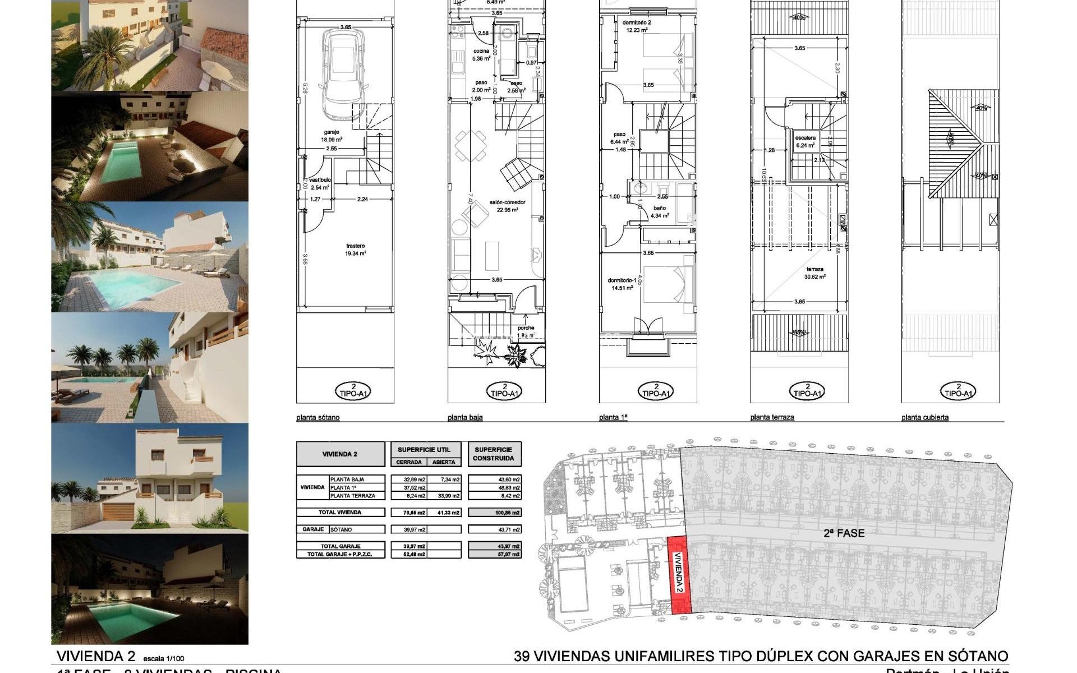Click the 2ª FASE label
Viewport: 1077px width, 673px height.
point(844,533)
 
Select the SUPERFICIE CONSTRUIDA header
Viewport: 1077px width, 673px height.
point(494,454)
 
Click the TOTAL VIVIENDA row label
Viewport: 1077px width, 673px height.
point(340,512)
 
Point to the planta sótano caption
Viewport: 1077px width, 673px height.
point(317,418)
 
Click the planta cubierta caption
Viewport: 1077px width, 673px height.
point(924,418)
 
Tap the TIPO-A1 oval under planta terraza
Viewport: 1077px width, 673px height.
point(807,391)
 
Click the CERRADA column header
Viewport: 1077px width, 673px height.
point(408,462)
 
